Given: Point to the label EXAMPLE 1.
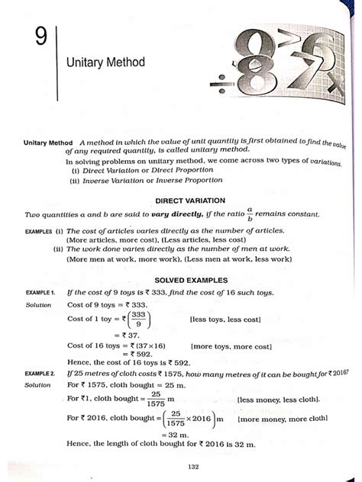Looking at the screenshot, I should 40,293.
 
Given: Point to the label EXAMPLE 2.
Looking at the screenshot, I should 40,374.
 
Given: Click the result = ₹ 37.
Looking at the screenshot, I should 127,334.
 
